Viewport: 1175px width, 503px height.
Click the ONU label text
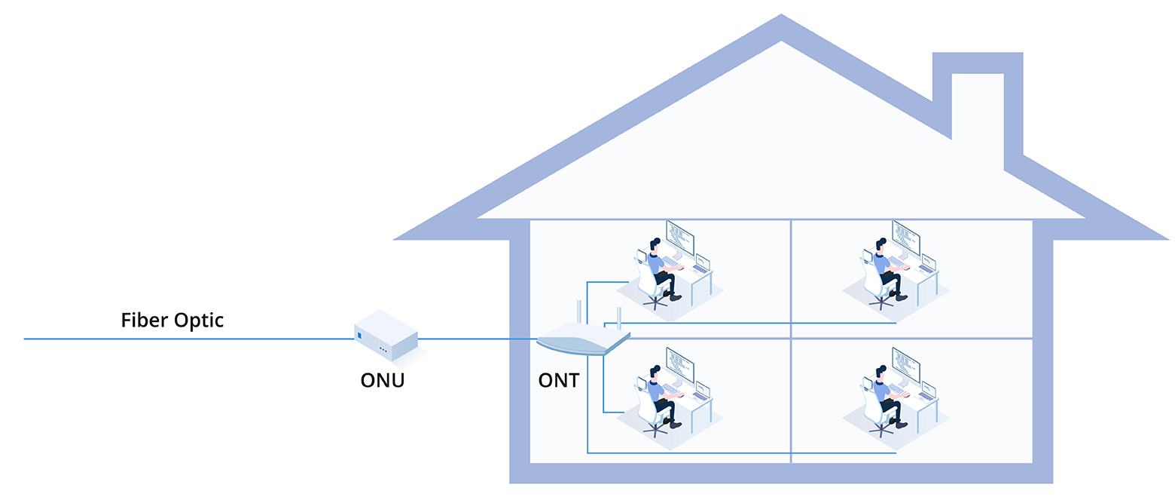click(383, 379)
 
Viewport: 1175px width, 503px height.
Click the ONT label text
click(559, 379)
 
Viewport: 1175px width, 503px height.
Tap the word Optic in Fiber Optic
click(199, 321)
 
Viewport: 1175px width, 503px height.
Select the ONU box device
click(386, 337)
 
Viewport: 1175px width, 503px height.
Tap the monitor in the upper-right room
click(905, 238)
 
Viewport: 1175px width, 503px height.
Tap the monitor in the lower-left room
click(679, 365)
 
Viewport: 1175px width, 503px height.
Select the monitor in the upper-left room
click(679, 238)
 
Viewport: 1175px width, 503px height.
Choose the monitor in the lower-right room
click(905, 365)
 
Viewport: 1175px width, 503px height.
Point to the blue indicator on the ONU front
click(359, 335)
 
